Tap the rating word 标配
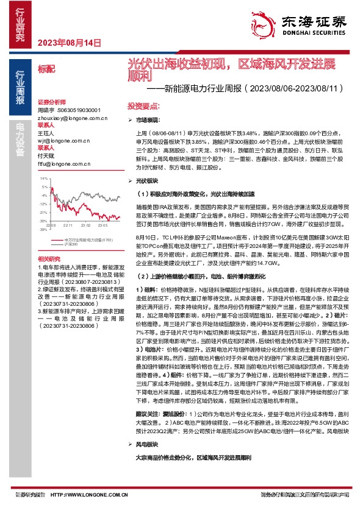pos(45,70)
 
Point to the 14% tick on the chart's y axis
pos(43,179)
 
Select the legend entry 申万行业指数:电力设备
pos(88,240)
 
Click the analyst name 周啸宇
pos(46,110)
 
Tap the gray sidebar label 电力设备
pos(20,138)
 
